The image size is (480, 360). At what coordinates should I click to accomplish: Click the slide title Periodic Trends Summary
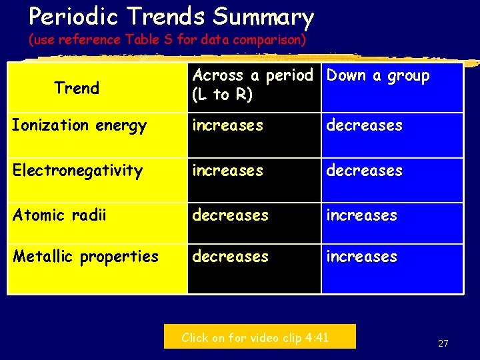click(171, 16)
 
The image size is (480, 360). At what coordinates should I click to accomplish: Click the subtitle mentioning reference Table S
click(167, 40)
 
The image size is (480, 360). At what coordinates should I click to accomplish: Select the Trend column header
click(77, 88)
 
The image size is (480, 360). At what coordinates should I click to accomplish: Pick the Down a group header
click(378, 76)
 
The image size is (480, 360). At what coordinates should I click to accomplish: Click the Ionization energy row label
click(79, 125)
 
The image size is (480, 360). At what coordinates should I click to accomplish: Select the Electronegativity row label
click(77, 171)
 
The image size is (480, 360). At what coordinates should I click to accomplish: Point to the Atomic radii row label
click(59, 215)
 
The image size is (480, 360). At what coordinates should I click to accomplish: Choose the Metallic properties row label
click(85, 257)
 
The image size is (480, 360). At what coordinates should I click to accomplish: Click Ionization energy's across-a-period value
click(227, 125)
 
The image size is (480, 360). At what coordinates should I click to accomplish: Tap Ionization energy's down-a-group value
click(364, 125)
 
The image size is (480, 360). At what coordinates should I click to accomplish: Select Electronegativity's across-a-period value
click(227, 171)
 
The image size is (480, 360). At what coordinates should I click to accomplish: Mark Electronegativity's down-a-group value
click(364, 171)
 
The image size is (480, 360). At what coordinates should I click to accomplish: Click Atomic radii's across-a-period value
click(230, 215)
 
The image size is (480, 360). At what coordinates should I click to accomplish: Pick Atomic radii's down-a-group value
click(361, 215)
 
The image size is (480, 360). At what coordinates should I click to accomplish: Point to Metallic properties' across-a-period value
click(230, 257)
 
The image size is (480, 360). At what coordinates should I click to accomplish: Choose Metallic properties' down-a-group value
click(361, 257)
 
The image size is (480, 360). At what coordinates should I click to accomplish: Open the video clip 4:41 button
click(260, 337)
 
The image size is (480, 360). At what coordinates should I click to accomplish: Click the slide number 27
click(443, 343)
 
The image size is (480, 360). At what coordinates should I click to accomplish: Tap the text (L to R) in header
click(222, 95)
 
